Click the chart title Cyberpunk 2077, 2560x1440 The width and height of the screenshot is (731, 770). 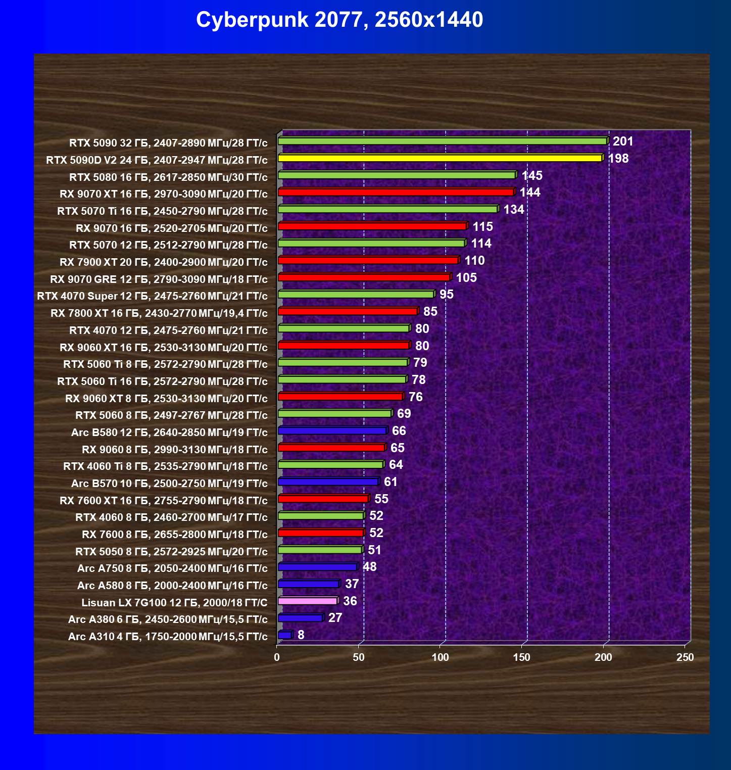click(x=339, y=20)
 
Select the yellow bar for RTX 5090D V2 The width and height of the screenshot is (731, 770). click(x=441, y=158)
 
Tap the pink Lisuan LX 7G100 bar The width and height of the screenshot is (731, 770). click(x=308, y=601)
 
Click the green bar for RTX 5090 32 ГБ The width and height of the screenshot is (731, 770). click(x=443, y=141)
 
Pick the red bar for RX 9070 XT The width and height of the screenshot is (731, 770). click(x=397, y=192)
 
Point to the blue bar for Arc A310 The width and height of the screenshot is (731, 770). click(x=285, y=635)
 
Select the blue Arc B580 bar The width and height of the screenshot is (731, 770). click(x=332, y=430)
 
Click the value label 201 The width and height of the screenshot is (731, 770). click(x=623, y=141)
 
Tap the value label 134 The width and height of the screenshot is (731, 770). click(x=514, y=210)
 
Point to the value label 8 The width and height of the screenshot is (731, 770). click(x=301, y=635)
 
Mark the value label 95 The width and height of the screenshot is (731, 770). click(x=447, y=295)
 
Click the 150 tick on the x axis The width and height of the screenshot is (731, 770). click(x=522, y=657)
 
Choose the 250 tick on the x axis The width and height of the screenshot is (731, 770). click(x=685, y=657)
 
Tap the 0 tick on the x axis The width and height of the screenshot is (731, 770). click(x=277, y=657)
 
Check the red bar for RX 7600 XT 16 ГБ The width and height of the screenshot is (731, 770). click(x=324, y=499)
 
